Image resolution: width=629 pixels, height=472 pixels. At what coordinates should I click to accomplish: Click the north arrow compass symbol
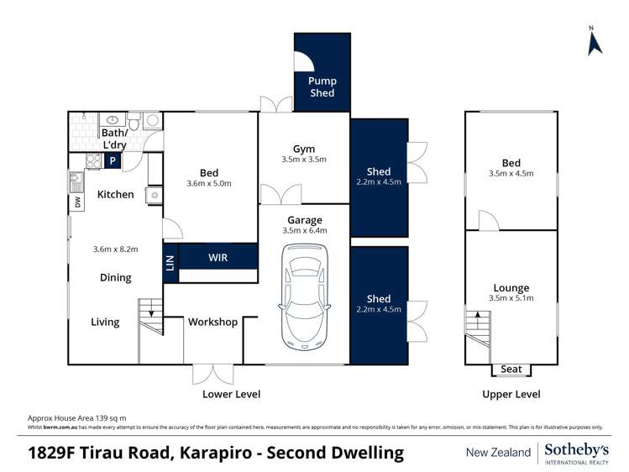click(595, 42)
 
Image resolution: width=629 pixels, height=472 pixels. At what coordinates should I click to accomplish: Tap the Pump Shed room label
click(322, 87)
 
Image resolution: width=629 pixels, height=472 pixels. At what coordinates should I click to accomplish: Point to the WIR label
click(218, 258)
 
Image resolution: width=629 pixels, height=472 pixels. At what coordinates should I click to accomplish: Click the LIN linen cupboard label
click(170, 263)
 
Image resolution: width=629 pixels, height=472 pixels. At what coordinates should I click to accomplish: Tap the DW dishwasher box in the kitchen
click(78, 202)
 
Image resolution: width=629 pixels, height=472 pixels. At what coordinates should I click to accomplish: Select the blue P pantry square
click(112, 161)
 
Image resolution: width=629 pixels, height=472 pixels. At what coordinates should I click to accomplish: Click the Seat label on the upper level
click(511, 370)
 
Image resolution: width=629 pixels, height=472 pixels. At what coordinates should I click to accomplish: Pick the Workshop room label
click(212, 322)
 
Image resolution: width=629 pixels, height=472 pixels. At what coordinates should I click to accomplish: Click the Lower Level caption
click(231, 394)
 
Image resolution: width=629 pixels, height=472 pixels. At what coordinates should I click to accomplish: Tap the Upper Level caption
click(511, 394)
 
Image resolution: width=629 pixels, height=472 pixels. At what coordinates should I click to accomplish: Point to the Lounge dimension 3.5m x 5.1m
click(511, 299)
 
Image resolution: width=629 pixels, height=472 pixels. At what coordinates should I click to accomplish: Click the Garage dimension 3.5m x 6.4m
click(303, 230)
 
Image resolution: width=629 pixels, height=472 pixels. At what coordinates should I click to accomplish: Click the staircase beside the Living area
click(150, 317)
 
